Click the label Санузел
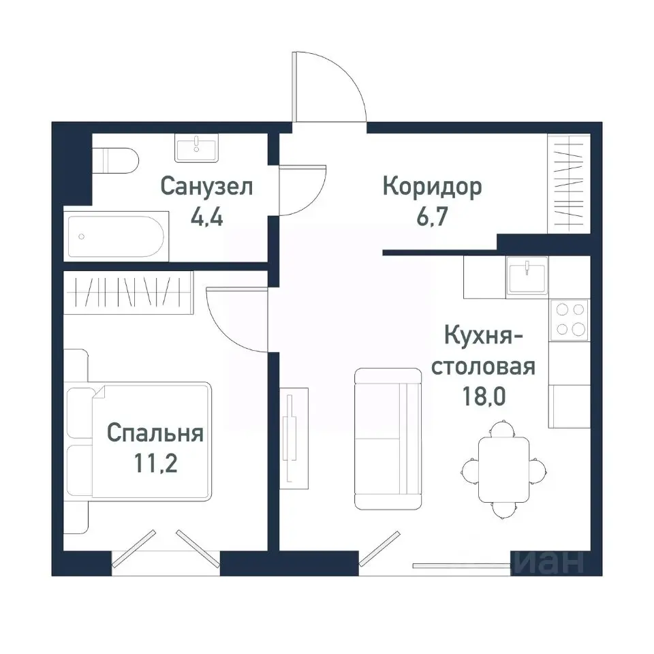pyautogui.click(x=207, y=186)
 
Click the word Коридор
pyautogui.click(x=432, y=186)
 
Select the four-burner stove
pyautogui.click(x=571, y=319)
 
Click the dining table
pyautogui.click(x=503, y=469)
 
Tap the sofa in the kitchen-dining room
pyautogui.click(x=388, y=439)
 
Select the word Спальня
pyautogui.click(x=155, y=433)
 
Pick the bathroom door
pyautogui.click(x=302, y=190)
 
